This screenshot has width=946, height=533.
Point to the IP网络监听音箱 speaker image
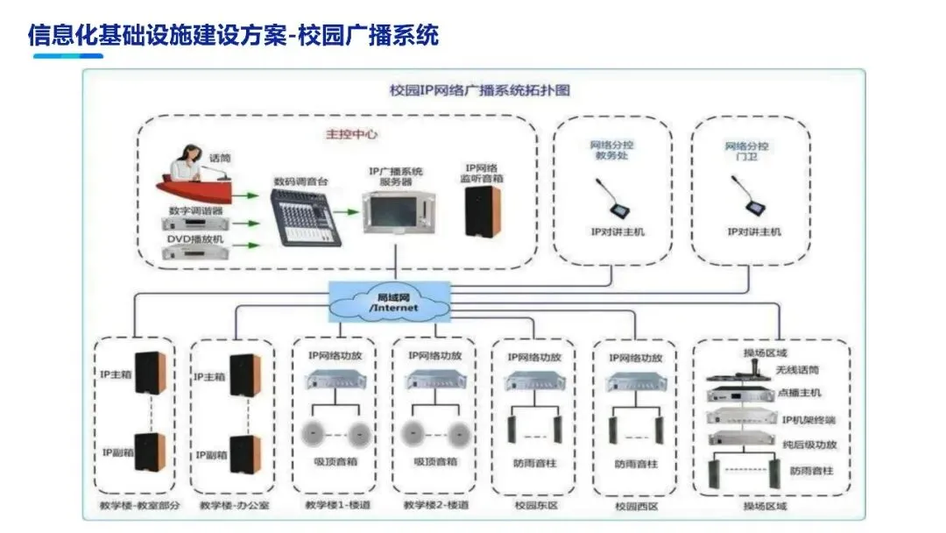point(483,211)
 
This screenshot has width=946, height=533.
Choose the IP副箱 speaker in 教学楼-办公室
point(244,452)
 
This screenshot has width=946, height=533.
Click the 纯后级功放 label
point(808,444)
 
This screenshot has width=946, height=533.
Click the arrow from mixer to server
point(348,211)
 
